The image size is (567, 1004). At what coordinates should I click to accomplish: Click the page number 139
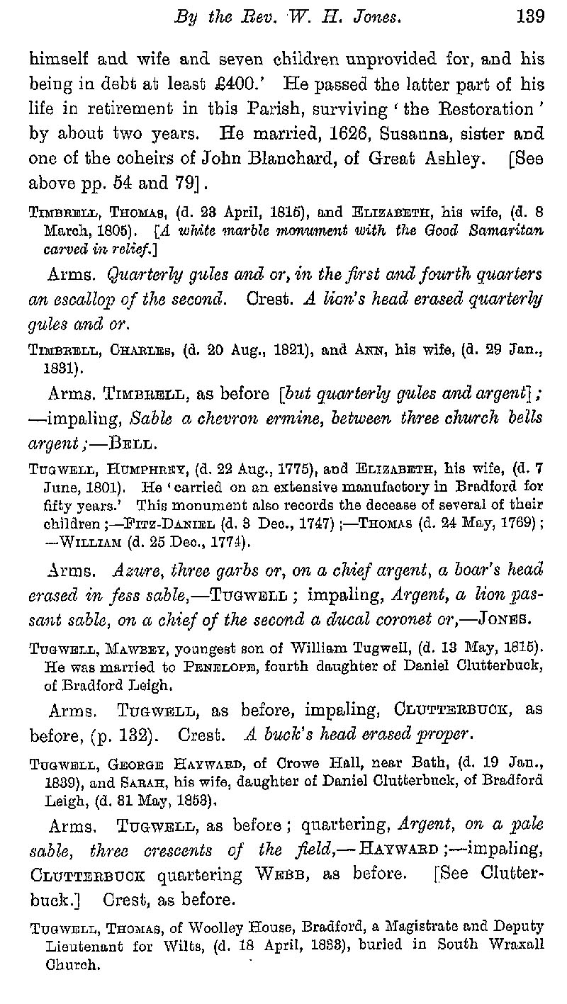[x=530, y=17]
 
